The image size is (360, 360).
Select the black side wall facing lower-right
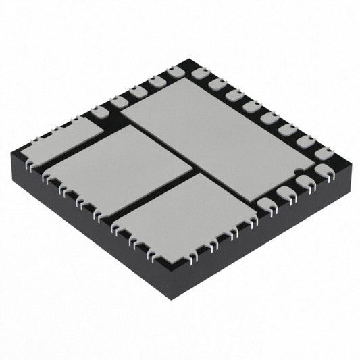tap(263, 243)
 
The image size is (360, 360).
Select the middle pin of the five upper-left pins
tap(138, 91)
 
